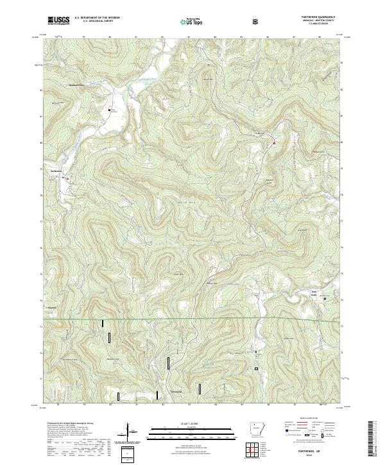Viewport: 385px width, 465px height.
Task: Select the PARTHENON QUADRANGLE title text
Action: (321, 17)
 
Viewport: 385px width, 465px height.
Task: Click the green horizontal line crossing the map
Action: (193, 319)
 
